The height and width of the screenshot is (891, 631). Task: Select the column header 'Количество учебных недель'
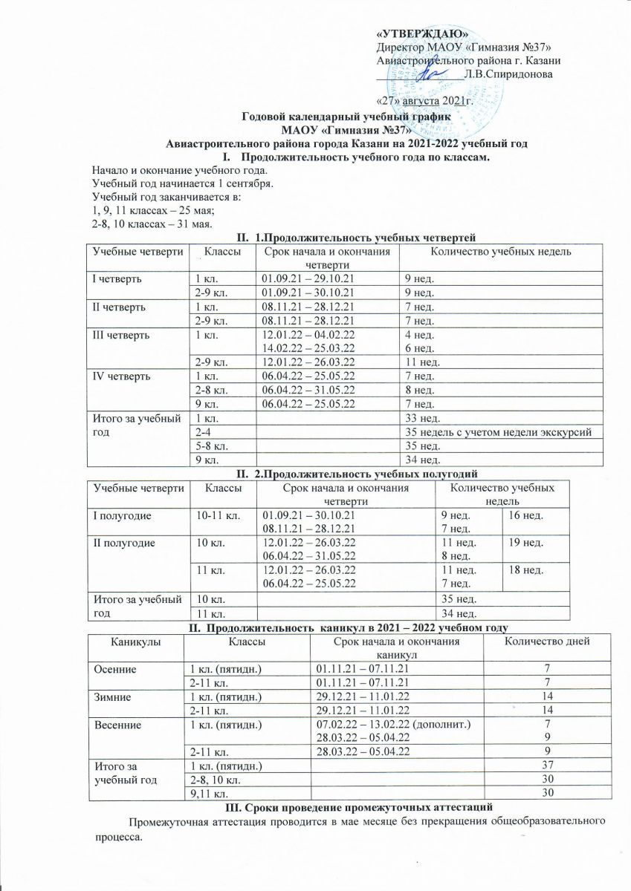tap(492, 253)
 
